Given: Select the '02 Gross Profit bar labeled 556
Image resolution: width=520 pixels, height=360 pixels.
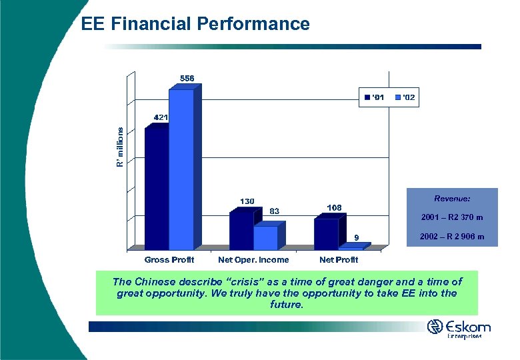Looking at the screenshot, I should (181, 170).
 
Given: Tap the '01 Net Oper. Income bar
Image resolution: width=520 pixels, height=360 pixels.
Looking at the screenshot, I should (241, 231).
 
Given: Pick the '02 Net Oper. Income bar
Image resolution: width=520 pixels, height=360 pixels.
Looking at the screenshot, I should (265, 238).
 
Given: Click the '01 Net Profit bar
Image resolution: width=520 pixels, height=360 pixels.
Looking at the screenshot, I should (326, 234).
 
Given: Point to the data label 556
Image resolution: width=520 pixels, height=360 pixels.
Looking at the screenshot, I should (187, 78).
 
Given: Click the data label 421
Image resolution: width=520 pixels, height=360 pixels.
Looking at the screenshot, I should (161, 117).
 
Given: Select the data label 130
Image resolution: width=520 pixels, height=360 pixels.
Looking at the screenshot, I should (247, 201).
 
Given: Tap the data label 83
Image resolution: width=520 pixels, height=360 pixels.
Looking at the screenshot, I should (273, 211).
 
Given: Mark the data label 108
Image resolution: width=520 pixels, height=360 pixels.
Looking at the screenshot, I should (334, 207).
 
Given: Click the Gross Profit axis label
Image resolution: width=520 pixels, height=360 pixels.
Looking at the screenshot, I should (169, 259).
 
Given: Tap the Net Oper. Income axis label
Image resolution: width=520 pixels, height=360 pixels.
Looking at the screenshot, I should (253, 259).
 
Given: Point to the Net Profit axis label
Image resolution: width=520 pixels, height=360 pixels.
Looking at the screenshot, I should (339, 259).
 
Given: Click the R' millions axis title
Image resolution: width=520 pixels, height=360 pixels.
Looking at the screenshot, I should (120, 147).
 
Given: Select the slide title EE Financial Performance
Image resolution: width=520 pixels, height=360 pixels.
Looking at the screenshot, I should (195, 25).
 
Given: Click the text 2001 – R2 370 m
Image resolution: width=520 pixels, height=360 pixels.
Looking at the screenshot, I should (452, 217).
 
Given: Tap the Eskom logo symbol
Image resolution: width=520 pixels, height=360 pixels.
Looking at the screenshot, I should (435, 327).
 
